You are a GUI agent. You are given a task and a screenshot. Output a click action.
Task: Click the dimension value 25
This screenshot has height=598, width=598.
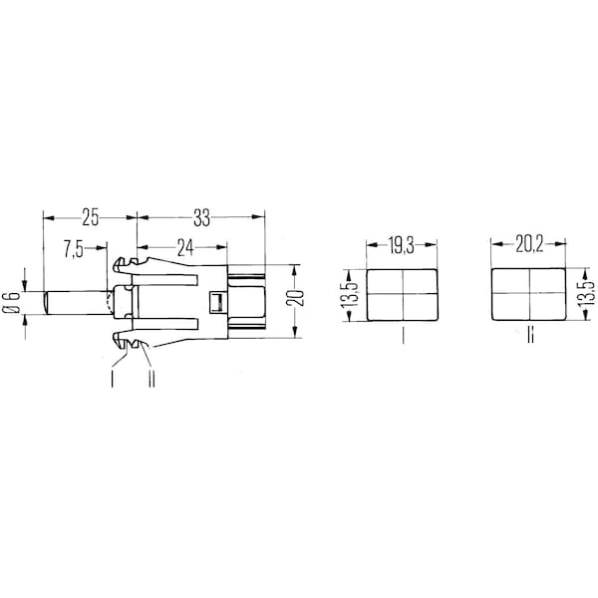91,217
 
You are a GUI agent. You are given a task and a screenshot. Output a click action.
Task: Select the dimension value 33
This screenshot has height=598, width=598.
201,217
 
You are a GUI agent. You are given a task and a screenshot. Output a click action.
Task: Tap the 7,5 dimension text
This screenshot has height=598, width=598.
73,249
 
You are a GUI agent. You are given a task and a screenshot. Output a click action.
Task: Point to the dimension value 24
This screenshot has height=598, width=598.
185,248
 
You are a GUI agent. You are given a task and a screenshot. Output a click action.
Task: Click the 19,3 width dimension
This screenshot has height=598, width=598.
402,245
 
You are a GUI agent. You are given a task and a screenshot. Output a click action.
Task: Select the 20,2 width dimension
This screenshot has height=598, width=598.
529,244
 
